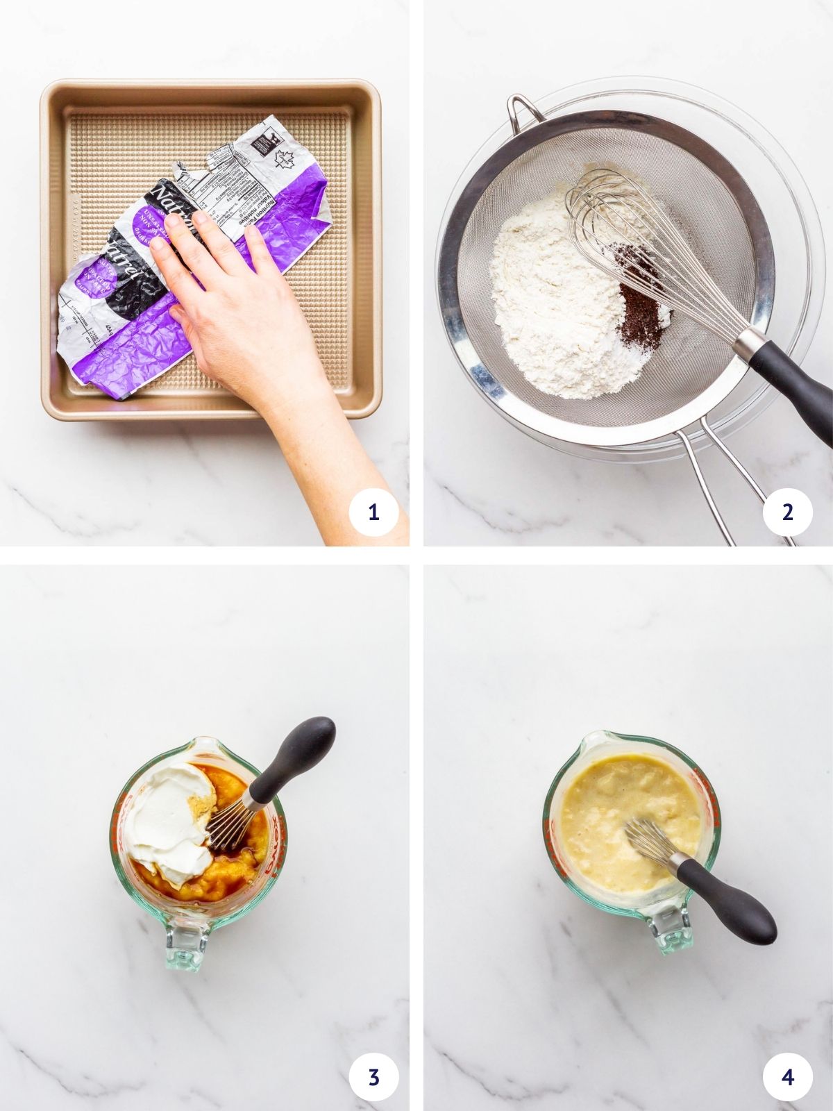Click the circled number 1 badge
(373, 513)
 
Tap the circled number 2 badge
(787, 513)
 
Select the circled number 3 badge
(373, 1078)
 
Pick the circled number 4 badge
(787, 1078)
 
